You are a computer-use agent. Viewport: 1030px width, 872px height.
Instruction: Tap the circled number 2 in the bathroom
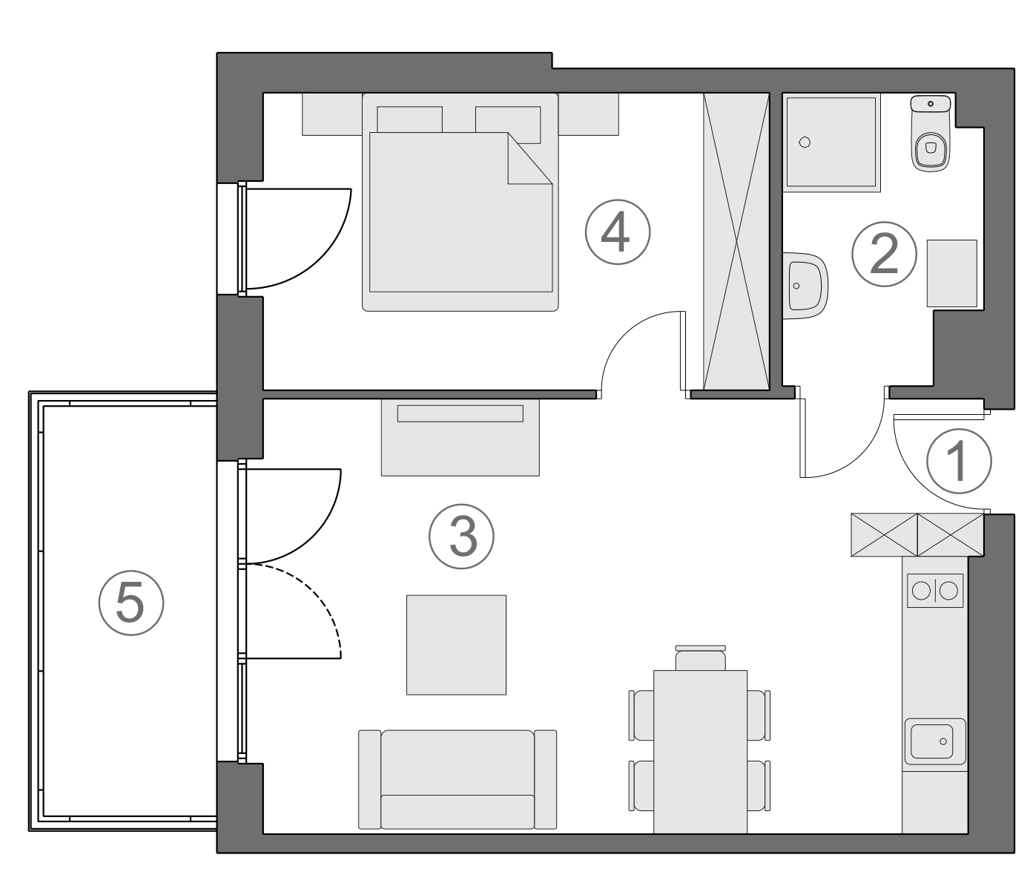click(883, 254)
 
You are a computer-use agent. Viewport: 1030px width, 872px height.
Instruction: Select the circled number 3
click(461, 537)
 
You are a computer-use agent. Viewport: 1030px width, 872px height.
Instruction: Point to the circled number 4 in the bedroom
click(617, 233)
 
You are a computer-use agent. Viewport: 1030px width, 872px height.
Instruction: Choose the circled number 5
click(131, 603)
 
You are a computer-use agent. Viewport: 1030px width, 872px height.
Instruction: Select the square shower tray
click(831, 142)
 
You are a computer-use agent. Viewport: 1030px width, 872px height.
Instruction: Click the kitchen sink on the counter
click(934, 741)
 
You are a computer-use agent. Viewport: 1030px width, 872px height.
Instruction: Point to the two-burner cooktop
click(934, 591)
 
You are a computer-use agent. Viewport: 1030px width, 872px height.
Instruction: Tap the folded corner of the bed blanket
click(528, 160)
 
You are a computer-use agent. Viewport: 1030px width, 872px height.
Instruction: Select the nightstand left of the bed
click(331, 114)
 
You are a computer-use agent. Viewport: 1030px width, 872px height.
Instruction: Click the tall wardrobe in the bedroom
click(736, 240)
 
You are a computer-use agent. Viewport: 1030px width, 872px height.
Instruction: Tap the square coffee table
click(456, 644)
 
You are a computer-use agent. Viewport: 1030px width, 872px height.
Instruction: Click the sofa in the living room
click(458, 778)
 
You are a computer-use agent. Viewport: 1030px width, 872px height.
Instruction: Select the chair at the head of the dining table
click(700, 658)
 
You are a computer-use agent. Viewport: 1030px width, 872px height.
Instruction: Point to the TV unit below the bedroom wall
click(460, 437)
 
